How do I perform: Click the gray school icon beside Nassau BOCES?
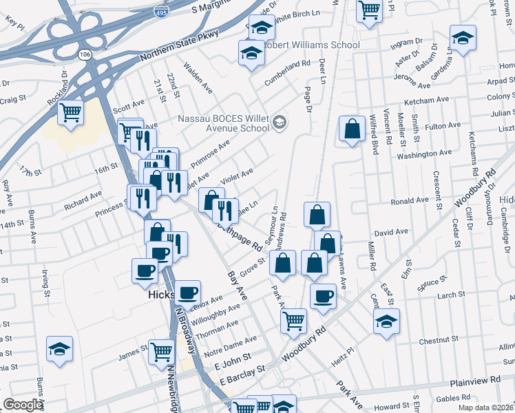coord(279,123)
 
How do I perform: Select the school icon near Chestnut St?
coord(386,321)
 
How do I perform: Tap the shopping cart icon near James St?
coord(161,351)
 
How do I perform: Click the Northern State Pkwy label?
coord(179,45)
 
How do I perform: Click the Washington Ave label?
coord(425,154)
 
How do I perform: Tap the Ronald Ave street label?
coord(409,201)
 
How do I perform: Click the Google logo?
coord(23,405)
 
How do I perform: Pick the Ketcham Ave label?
coord(427,100)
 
